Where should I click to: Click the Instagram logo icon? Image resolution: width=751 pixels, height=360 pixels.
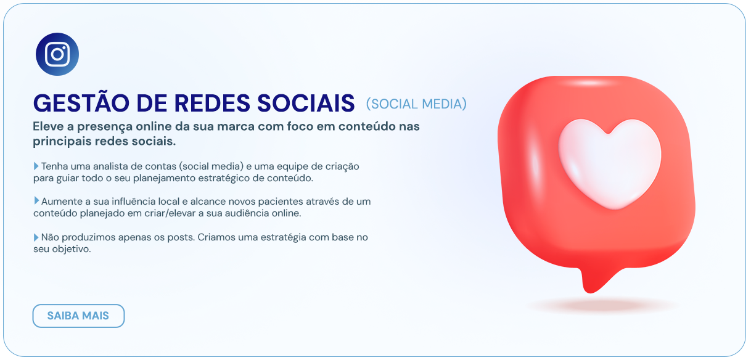57,54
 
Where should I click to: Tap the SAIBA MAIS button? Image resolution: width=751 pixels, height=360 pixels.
78,316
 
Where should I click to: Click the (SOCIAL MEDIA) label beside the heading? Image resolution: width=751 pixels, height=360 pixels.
416,104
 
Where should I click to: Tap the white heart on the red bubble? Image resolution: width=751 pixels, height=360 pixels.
609,162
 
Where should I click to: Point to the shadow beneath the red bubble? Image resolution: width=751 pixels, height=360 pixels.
603,305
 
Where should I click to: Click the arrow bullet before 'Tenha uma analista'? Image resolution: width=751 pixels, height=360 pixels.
36,166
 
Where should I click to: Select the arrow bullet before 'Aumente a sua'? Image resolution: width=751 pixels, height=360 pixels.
36,201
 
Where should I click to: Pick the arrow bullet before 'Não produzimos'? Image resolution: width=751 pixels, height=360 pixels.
36,237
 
